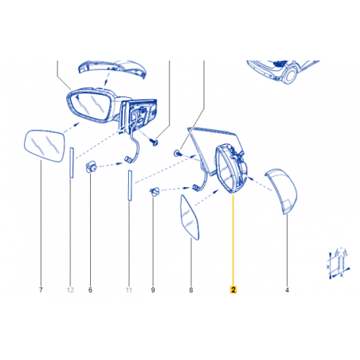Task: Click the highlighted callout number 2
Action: (233, 290)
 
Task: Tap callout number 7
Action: (41, 290)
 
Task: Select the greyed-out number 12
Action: (70, 290)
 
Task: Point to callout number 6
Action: (90, 290)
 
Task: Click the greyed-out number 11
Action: (129, 290)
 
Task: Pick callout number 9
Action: (153, 290)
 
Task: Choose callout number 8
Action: (191, 290)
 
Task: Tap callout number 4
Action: (287, 290)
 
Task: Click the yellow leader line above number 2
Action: (233, 240)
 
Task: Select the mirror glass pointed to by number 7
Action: (44, 146)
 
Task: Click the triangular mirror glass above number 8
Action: (189, 217)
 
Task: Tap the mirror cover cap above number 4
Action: (282, 190)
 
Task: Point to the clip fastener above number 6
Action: (91, 167)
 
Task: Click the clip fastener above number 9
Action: (155, 191)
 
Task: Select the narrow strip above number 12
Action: (72, 162)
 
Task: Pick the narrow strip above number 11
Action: (130, 185)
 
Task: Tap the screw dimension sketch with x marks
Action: (338, 264)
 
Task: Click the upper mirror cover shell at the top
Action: (112, 69)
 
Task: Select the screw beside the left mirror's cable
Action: (154, 143)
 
